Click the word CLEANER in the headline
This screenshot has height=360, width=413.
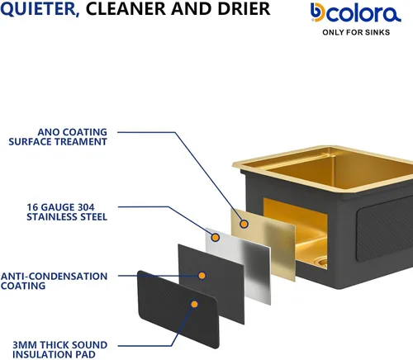pyautogui.click(x=126, y=8)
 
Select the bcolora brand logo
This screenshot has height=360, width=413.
pyautogui.click(x=356, y=12)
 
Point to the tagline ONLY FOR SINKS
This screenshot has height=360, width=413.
pyautogui.click(x=356, y=32)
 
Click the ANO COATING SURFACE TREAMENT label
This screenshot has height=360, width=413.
pyautogui.click(x=58, y=137)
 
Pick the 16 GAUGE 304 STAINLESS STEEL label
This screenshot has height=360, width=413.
pyautogui.click(x=67, y=212)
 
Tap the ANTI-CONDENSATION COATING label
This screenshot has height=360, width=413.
pyautogui.click(x=54, y=281)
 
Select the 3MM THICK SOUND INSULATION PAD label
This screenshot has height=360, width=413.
pyautogui.click(x=59, y=349)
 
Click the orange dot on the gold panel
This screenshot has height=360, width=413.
pyautogui.click(x=244, y=224)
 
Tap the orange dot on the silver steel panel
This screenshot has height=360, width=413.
pyautogui.click(x=216, y=237)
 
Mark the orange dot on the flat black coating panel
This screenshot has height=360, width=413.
pyautogui.click(x=202, y=276)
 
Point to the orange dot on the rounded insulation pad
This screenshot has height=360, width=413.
pyautogui.click(x=194, y=304)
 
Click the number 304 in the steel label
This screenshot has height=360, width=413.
pyautogui.click(x=86, y=207)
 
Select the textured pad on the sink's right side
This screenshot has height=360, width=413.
pyautogui.click(x=384, y=230)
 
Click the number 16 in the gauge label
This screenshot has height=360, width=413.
pyautogui.click(x=32, y=207)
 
